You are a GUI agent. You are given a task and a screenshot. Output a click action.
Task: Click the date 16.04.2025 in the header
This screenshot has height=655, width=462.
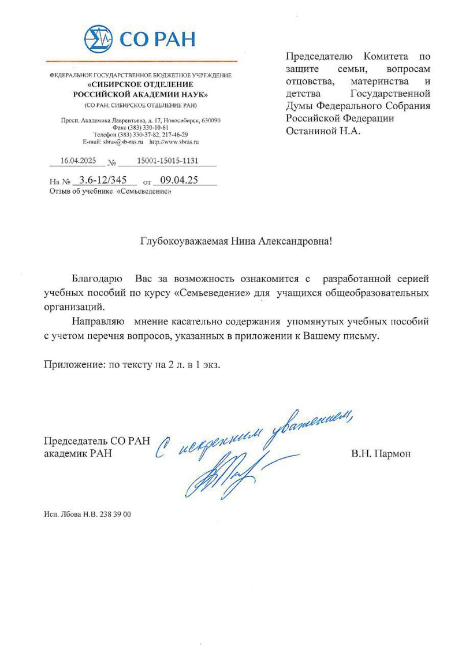[77, 161]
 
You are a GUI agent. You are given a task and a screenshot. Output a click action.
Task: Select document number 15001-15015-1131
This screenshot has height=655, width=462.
[167, 161]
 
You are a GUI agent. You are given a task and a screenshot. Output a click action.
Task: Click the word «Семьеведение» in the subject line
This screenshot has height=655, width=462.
[144, 191]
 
